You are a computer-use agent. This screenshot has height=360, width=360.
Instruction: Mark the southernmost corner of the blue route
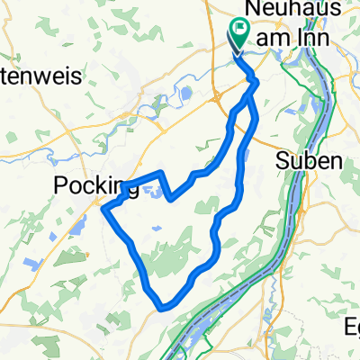click(163, 306)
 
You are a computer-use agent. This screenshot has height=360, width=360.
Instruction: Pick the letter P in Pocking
click(61, 186)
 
